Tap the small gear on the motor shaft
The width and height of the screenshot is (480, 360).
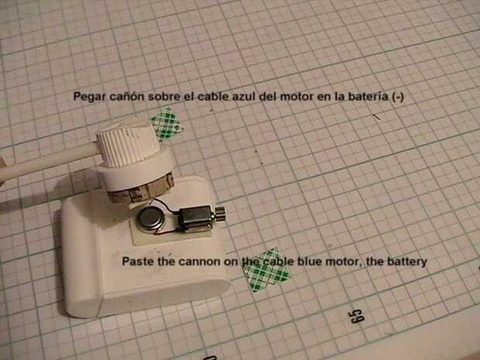221,214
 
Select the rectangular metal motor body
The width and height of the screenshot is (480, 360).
195,219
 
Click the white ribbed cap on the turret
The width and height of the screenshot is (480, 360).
128,143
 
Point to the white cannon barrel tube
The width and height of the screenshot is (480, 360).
49,163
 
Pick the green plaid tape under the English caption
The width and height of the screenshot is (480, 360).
266,270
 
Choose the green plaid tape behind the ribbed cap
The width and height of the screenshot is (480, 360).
167,123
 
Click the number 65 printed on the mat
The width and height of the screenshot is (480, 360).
357,316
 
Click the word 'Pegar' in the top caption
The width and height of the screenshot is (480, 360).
89,97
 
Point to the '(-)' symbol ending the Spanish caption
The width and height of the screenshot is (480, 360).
398,97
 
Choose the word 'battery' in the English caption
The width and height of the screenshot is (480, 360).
407,262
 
